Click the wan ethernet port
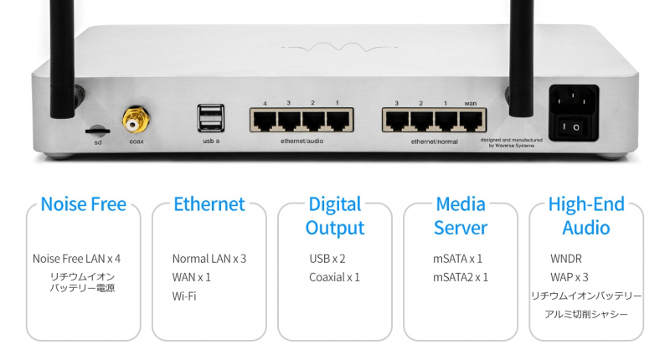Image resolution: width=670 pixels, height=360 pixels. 472,121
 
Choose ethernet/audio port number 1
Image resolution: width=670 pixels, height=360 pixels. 338,121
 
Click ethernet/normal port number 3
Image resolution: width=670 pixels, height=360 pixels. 398,121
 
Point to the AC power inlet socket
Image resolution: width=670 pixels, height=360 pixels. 573,101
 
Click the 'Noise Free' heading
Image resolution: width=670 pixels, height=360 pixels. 84,204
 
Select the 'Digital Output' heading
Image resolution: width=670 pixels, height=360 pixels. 335,216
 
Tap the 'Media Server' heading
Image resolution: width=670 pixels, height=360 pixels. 461,216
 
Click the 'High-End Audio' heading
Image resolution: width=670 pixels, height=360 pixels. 586,216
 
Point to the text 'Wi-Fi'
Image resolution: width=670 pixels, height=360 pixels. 184,296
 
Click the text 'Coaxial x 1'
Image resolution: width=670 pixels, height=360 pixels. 334,277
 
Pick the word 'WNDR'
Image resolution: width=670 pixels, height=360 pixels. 566,259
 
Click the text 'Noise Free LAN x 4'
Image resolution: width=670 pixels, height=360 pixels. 76,259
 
